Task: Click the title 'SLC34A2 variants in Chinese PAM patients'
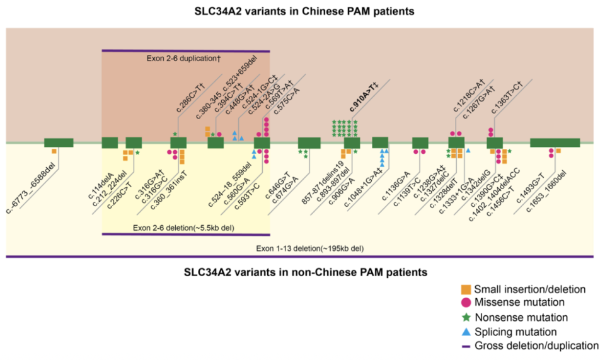(x=302, y=11)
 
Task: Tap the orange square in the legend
(x=466, y=289)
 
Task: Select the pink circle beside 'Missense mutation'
(x=466, y=303)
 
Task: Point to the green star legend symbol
(x=466, y=317)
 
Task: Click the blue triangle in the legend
(x=466, y=332)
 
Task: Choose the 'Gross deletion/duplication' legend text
(x=536, y=345)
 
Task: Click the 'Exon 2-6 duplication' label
(x=183, y=59)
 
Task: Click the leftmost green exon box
(x=59, y=143)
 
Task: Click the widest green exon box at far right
(x=555, y=143)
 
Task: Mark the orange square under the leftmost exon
(x=55, y=151)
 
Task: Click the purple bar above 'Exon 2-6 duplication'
(x=186, y=51)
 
